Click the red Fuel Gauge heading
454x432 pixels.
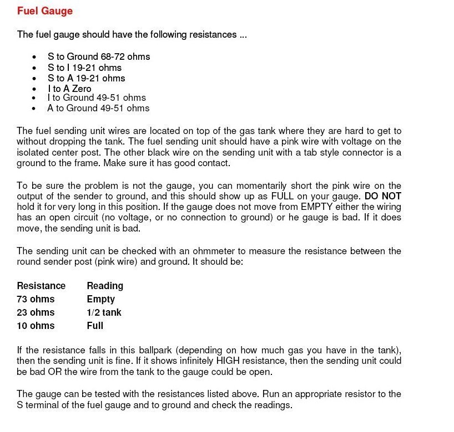pyautogui.click(x=45, y=11)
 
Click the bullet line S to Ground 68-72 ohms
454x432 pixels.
pyautogui.click(x=99, y=57)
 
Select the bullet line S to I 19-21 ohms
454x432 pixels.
pyautogui.click(x=84, y=68)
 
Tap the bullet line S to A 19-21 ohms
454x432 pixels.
pyautogui.click(x=86, y=78)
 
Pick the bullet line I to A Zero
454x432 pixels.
pyautogui.click(x=69, y=89)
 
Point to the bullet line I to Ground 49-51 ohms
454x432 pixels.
pyautogui.click(x=97, y=97)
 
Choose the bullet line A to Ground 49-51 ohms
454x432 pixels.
pyautogui.click(x=98, y=108)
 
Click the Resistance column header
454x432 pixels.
pyautogui.click(x=41, y=286)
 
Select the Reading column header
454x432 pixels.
pyautogui.click(x=105, y=286)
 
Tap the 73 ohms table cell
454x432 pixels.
pyautogui.click(x=36, y=299)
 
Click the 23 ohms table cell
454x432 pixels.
pyautogui.click(x=36, y=312)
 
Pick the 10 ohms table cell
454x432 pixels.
pyautogui.click(x=36, y=326)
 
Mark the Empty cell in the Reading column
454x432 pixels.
pyautogui.click(x=100, y=299)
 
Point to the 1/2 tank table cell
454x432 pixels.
pyautogui.click(x=104, y=312)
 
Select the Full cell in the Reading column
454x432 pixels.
pyautogui.click(x=95, y=326)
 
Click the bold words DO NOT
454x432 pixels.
pyautogui.click(x=383, y=197)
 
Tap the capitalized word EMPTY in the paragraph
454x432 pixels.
pyautogui.click(x=319, y=207)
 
